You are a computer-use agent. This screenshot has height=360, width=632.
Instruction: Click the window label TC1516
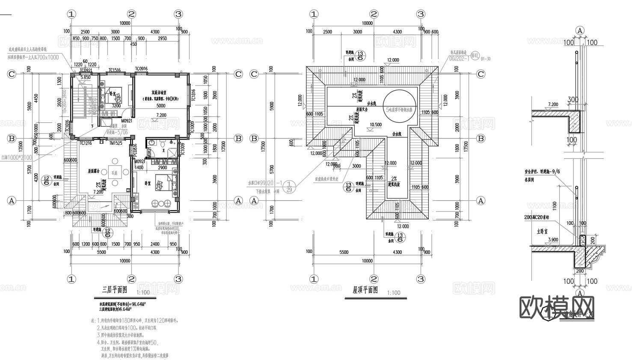114,70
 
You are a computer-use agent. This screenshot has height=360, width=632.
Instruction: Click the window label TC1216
86,143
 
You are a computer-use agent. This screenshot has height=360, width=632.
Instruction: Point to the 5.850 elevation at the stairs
86,77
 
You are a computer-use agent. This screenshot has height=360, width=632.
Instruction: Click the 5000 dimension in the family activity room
160,106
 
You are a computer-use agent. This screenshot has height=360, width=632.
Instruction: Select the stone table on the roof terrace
114,173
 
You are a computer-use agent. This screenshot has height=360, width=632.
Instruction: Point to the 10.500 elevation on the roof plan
375,125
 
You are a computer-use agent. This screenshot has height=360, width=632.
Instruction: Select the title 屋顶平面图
365,290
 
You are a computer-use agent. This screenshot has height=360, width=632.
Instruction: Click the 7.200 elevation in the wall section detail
553,104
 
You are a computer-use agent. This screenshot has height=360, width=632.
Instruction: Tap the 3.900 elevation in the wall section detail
553,240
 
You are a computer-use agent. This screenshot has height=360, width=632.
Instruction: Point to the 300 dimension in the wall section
573,100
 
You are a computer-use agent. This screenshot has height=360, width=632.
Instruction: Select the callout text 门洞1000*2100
17,158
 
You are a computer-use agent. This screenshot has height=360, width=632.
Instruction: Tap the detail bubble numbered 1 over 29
289,186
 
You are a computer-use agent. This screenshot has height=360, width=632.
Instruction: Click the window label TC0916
141,69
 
